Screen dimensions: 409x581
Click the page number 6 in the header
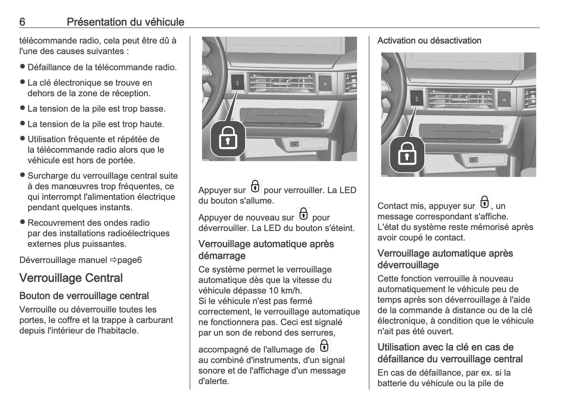pos(22,22)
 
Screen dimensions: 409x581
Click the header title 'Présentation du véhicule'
pos(125,22)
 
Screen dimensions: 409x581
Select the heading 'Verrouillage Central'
pos(71,278)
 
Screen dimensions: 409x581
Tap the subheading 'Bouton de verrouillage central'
pos(84,296)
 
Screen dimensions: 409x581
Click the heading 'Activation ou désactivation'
pos(429,41)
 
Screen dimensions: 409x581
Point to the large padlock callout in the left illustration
pos(228,139)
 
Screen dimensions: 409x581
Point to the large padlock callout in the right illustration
pos(407,155)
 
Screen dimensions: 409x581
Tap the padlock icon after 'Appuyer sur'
pos(255,187)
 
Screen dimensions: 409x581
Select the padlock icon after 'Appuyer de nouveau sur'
pos(303,214)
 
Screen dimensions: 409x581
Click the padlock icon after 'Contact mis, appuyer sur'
pos(484,202)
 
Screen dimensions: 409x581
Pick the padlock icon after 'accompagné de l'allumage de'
pos(323,346)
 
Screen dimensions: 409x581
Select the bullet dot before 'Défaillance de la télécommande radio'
pos(23,66)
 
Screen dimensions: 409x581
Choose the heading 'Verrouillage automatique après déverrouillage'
pos(445,259)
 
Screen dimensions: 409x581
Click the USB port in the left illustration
pos(294,144)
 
